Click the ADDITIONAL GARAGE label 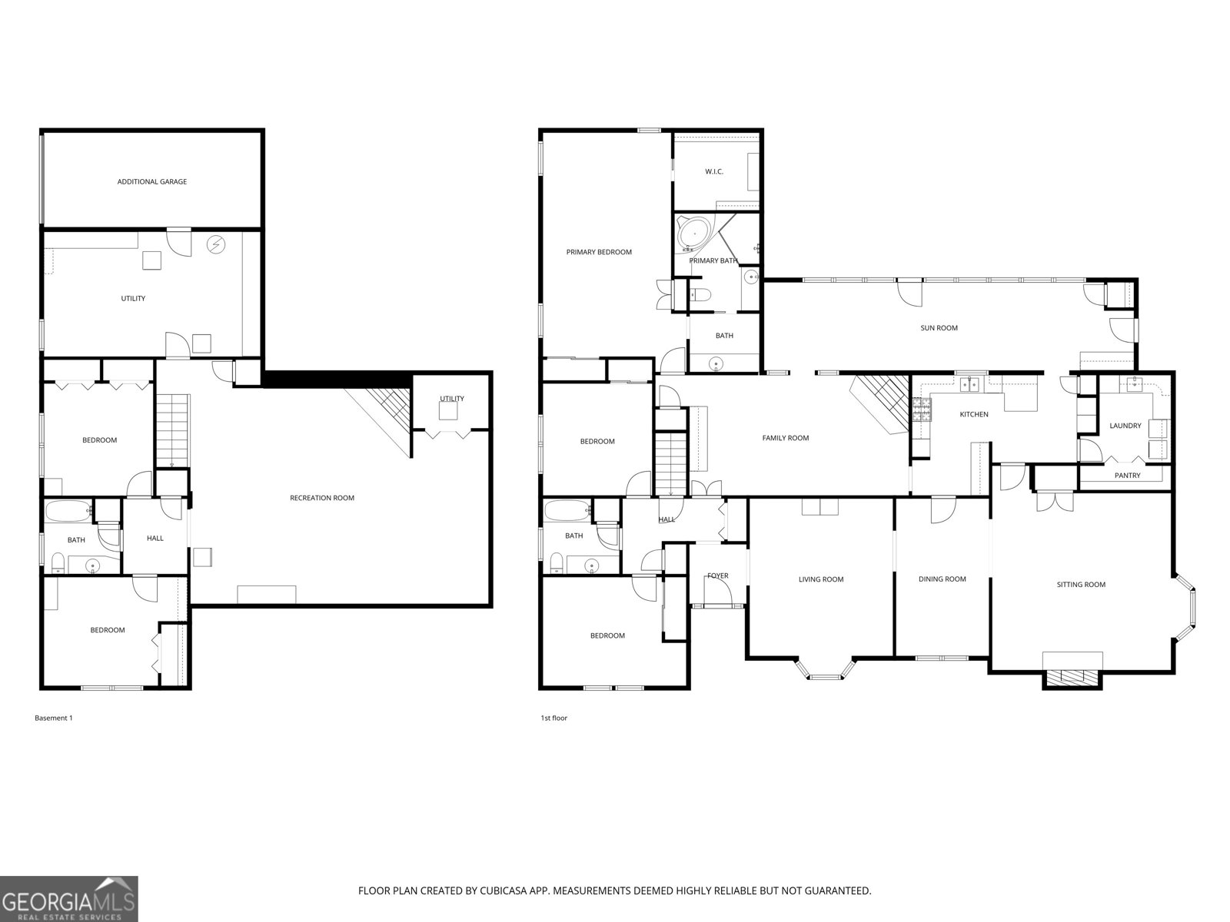(152, 182)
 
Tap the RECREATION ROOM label (322, 498)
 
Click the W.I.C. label (714, 171)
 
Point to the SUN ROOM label (939, 328)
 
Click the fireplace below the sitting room (1072, 678)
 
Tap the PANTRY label (1127, 476)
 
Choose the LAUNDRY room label (1125, 426)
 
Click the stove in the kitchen (921, 413)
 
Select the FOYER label (717, 575)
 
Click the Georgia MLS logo (69, 899)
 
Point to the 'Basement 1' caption (54, 718)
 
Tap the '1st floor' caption (553, 718)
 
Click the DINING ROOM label (942, 579)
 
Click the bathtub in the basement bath (68, 511)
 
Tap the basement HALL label (155, 538)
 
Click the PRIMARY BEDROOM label (599, 252)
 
